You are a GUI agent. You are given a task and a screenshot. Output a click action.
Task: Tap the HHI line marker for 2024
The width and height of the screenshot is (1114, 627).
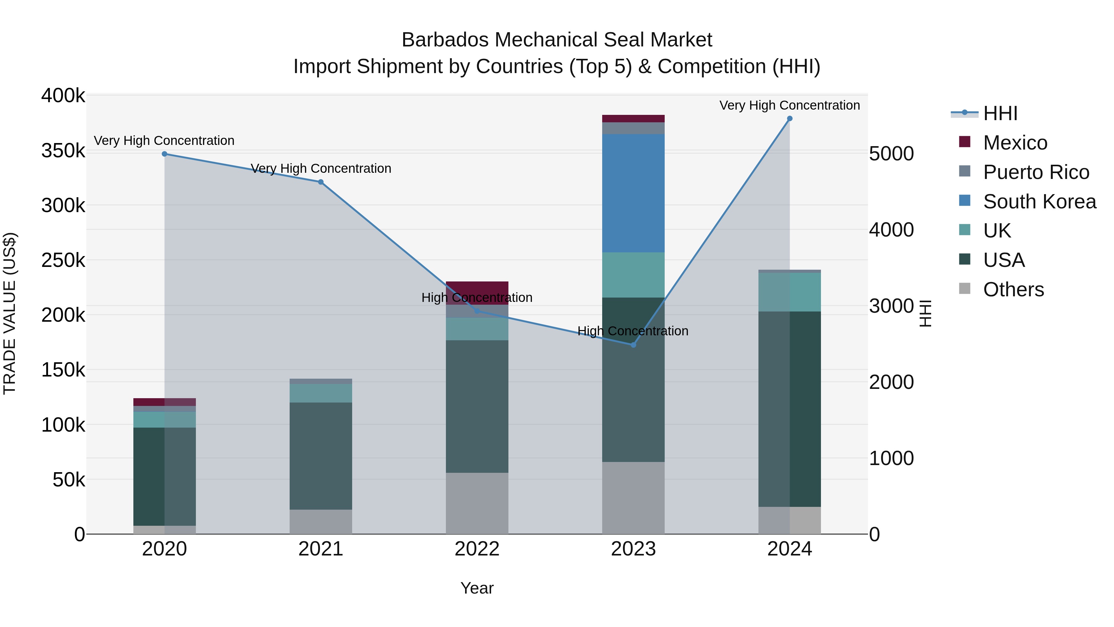pyautogui.click(x=790, y=119)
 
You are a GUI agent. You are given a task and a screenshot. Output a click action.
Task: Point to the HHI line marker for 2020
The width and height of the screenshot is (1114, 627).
pyautogui.click(x=164, y=154)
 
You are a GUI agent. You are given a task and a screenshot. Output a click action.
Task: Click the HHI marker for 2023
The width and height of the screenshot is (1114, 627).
pyautogui.click(x=633, y=345)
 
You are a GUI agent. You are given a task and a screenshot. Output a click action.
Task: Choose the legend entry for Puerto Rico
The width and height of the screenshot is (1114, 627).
pyautogui.click(x=1036, y=172)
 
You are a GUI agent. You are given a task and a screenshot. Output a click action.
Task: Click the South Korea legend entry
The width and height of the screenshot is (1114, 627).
pyautogui.click(x=1039, y=202)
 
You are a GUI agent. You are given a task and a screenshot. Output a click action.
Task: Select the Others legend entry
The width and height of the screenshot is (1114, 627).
pyautogui.click(x=1013, y=290)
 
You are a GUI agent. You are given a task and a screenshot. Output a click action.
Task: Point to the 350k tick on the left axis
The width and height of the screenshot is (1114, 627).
pyautogui.click(x=63, y=151)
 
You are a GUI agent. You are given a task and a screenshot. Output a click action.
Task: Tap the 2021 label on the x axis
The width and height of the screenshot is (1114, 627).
pyautogui.click(x=321, y=549)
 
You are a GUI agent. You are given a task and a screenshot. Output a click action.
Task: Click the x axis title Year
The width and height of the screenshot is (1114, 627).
pyautogui.click(x=477, y=588)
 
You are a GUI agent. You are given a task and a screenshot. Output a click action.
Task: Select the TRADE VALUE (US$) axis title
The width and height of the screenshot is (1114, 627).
pyautogui.click(x=10, y=313)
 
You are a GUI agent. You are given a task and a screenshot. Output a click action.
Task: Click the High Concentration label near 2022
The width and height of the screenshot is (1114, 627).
pyautogui.click(x=477, y=298)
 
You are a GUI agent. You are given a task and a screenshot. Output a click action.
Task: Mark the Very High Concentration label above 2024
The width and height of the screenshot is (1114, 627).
pyautogui.click(x=790, y=106)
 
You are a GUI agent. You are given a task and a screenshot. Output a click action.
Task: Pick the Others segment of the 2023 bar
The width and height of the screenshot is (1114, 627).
pyautogui.click(x=633, y=498)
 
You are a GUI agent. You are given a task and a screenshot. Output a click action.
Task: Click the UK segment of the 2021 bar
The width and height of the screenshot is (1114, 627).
pyautogui.click(x=321, y=393)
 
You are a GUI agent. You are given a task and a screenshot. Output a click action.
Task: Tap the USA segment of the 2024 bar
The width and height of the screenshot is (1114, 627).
pyautogui.click(x=790, y=409)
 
